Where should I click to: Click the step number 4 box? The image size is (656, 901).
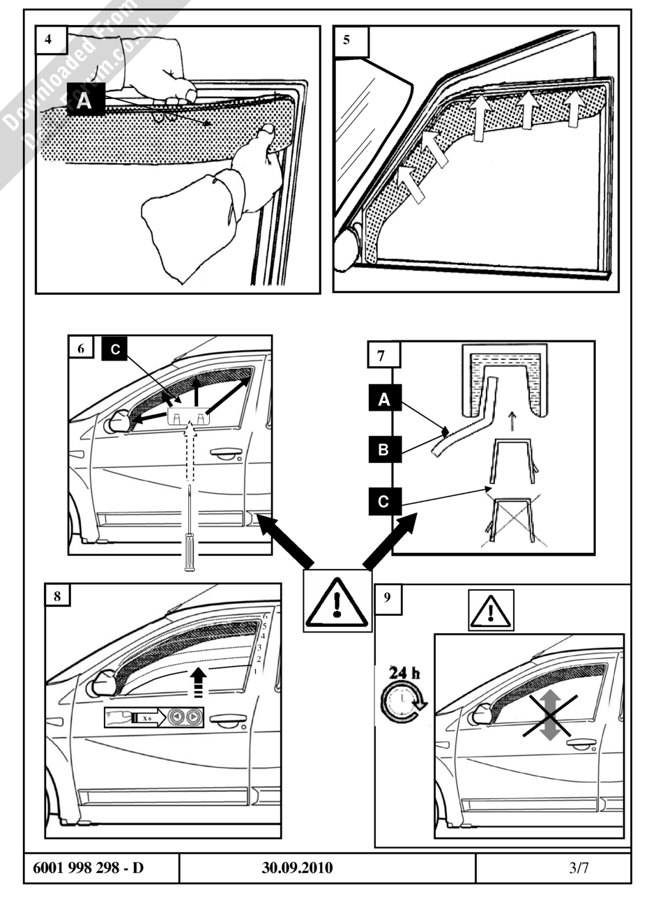tap(50, 40)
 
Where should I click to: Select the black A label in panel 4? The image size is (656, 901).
tap(84, 101)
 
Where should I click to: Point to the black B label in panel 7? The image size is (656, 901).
tap(383, 450)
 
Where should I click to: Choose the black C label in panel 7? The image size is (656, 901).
tap(383, 500)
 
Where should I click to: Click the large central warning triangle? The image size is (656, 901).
tap(337, 600)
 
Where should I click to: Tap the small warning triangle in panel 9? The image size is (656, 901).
tap(491, 612)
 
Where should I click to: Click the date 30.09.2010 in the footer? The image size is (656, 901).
tap(298, 868)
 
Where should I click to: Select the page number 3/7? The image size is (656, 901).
tap(578, 868)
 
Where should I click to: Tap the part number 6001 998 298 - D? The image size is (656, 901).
tap(88, 868)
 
